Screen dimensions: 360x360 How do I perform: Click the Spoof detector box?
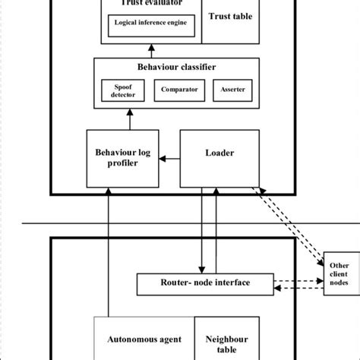122,90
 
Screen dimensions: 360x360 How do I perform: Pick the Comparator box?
180,90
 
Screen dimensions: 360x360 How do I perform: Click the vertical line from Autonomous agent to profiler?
109,251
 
